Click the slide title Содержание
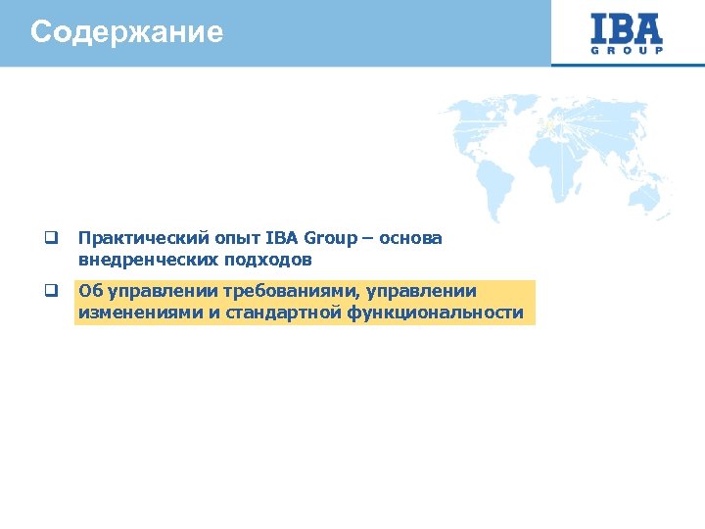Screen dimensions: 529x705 (x=126, y=32)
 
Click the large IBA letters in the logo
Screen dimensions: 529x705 (x=627, y=27)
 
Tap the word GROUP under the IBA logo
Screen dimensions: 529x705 (x=627, y=50)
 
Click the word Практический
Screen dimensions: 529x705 (x=129, y=238)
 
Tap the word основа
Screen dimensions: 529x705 (x=412, y=238)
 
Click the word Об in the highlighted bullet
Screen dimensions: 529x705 (x=89, y=291)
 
